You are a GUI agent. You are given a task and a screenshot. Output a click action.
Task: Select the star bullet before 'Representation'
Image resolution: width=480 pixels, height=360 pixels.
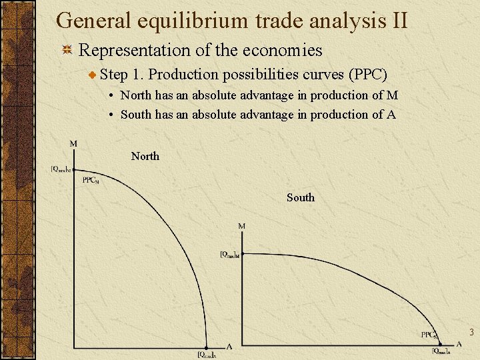[x=67, y=51]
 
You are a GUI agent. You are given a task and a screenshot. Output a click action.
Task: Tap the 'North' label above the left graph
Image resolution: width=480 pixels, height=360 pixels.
[x=145, y=156]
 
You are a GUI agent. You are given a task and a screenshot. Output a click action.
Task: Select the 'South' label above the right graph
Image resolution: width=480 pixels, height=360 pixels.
[x=300, y=197]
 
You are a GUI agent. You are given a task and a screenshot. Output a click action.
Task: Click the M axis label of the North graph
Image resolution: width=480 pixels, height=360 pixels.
[x=73, y=143]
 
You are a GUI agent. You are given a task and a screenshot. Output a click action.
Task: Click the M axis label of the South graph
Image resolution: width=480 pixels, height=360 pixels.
[x=241, y=227]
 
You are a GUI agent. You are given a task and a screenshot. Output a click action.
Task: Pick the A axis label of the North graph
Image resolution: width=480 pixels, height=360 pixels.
[x=229, y=347]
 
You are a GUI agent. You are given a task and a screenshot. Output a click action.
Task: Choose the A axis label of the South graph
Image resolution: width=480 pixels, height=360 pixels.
[x=459, y=345]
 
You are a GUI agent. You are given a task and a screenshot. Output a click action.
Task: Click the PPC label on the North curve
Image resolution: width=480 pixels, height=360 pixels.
[x=90, y=181]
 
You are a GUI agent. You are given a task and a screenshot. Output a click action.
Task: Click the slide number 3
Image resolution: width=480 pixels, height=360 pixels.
[x=471, y=332]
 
